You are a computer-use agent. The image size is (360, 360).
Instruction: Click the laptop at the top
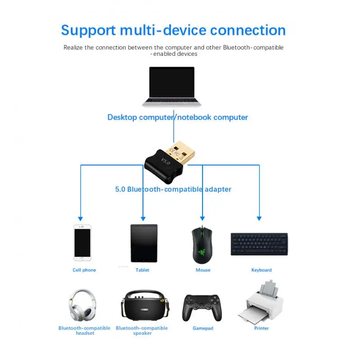pyautogui.click(x=171, y=86)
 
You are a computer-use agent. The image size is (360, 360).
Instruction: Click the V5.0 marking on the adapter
pyautogui.click(x=166, y=161)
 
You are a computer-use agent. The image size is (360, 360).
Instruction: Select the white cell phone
pyautogui.click(x=82, y=243)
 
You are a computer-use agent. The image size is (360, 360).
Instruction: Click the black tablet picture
pyautogui.click(x=144, y=243)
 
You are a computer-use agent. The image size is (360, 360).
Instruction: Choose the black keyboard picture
pyautogui.click(x=259, y=244)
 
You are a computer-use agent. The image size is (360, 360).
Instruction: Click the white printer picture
pyautogui.click(x=261, y=302)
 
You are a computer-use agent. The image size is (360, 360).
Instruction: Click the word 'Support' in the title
pyautogui.click(x=88, y=30)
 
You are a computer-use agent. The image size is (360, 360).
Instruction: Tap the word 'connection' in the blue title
pyautogui.click(x=248, y=30)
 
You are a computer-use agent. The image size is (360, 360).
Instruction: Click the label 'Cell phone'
pyautogui.click(x=84, y=270)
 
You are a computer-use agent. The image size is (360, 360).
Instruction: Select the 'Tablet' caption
pyautogui.click(x=142, y=270)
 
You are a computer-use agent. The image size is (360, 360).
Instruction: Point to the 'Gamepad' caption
pyautogui.click(x=203, y=328)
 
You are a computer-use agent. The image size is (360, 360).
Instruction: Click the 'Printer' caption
pyautogui.click(x=261, y=328)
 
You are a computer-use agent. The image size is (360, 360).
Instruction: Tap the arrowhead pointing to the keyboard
pyautogui.click(x=259, y=218)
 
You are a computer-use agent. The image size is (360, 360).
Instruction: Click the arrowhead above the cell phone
pyautogui.click(x=81, y=218)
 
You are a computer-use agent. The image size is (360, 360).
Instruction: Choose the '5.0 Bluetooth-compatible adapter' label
pyautogui.click(x=173, y=189)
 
